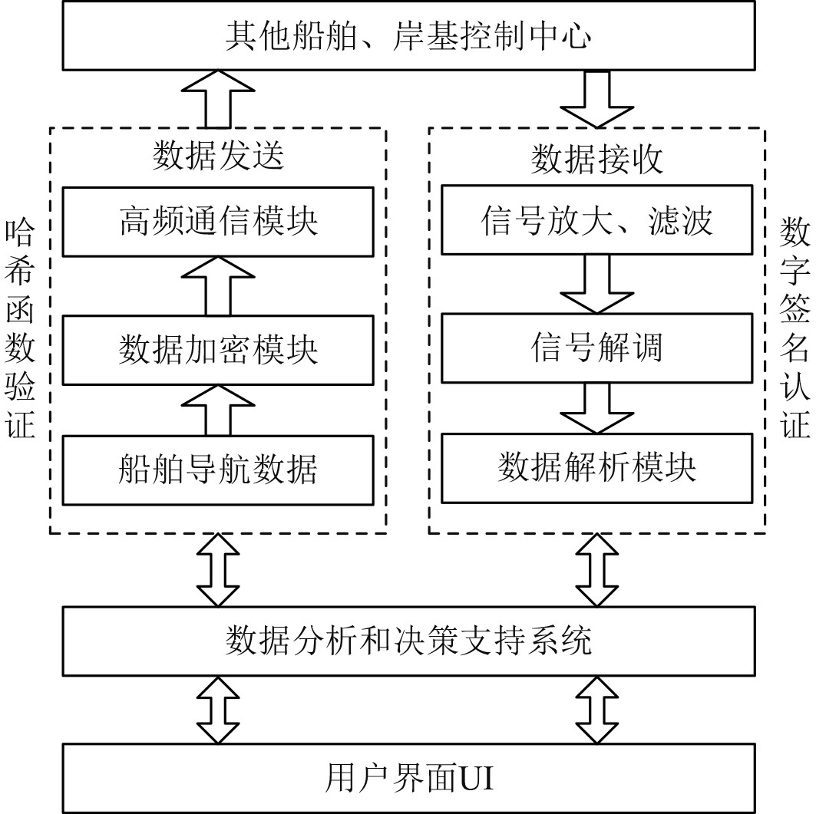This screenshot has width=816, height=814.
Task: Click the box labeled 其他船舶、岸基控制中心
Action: pyautogui.click(x=408, y=36)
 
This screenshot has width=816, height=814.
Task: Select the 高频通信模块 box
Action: pyautogui.click(x=218, y=222)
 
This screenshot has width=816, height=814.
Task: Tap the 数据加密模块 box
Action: pyautogui.click(x=218, y=350)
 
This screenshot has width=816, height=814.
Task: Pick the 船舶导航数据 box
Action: pyautogui.click(x=218, y=469)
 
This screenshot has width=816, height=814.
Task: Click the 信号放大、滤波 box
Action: pyautogui.click(x=596, y=221)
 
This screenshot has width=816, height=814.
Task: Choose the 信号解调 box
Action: pyautogui.click(x=596, y=348)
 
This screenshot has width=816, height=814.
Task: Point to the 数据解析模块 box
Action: pyautogui.click(x=596, y=468)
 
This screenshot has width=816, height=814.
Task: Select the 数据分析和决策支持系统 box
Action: pyautogui.click(x=408, y=641)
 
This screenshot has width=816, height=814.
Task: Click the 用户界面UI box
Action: pyautogui.click(x=408, y=779)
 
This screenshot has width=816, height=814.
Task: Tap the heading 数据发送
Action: pyautogui.click(x=218, y=156)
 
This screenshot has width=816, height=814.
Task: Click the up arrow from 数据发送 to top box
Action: pyautogui.click(x=218, y=98)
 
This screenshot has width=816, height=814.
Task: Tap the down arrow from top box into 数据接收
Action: pyautogui.click(x=596, y=98)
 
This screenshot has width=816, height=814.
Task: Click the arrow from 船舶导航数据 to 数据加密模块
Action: pyautogui.click(x=218, y=410)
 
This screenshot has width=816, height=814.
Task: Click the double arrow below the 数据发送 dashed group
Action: pyautogui.click(x=218, y=569)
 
